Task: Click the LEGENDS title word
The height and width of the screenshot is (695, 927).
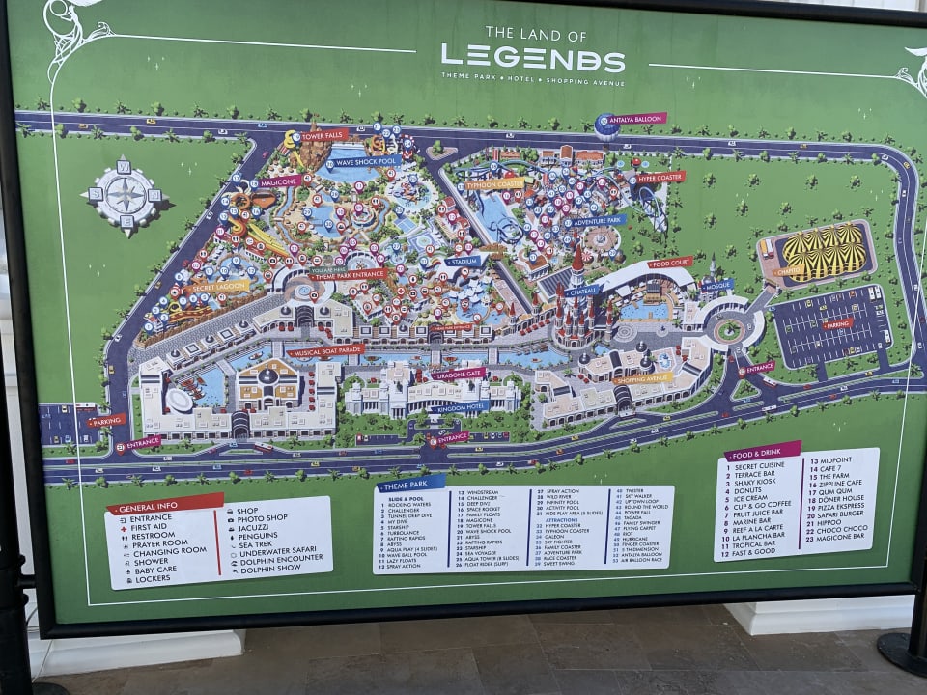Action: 533,59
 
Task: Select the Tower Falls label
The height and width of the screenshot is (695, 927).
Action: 323,135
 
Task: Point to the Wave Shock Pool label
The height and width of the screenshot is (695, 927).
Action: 368,161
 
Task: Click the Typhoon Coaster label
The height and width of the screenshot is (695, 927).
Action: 494,183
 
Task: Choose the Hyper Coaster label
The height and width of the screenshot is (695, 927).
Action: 660,178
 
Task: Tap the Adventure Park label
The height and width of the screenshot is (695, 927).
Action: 595,221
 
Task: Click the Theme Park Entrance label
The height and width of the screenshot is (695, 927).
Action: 348,275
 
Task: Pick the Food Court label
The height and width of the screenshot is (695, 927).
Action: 670,263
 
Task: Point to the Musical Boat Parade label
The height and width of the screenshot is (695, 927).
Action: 326,349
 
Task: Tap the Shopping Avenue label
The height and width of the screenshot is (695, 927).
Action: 642,378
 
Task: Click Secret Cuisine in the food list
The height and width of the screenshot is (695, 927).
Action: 759,465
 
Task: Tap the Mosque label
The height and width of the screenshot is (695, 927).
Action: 716,286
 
